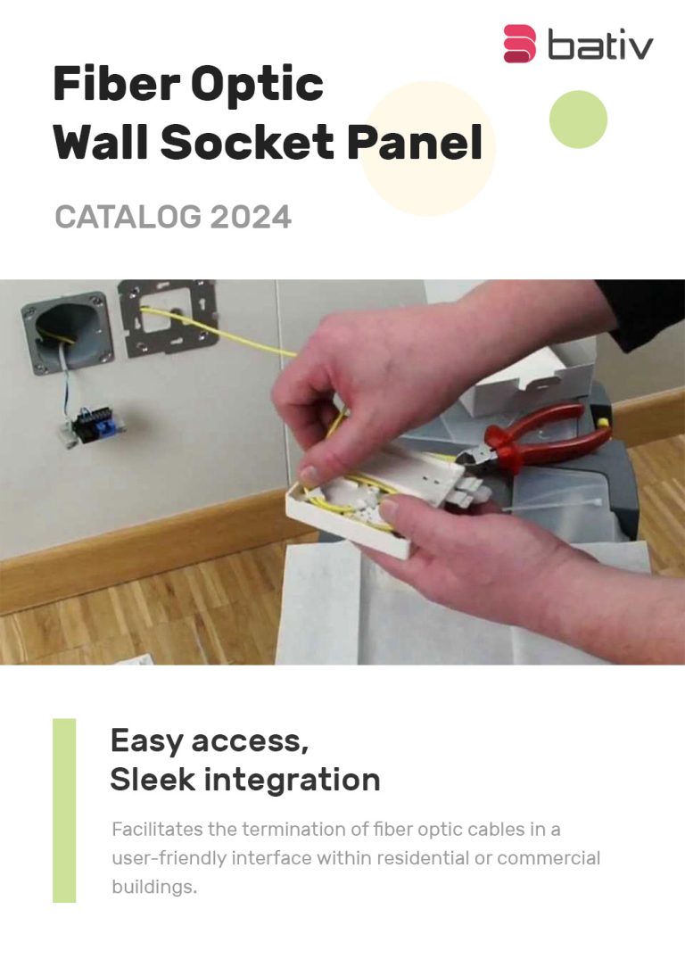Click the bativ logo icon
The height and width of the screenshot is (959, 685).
coord(519,44)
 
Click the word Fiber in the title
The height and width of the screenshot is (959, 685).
coord(116,84)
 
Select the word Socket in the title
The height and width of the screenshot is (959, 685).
coord(247,142)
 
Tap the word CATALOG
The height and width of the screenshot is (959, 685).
coord(128,217)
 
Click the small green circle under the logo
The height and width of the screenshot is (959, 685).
coord(578,120)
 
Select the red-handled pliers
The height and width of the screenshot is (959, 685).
coord(538,441)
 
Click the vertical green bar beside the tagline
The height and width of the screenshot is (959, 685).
coord(64,810)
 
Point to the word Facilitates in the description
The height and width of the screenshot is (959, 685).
coord(157,830)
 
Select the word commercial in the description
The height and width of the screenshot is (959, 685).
coord(549,858)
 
